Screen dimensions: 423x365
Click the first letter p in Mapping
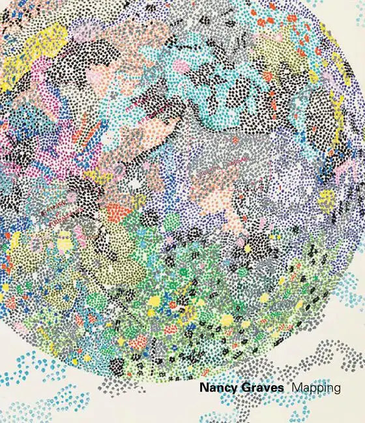(x=312, y=390)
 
